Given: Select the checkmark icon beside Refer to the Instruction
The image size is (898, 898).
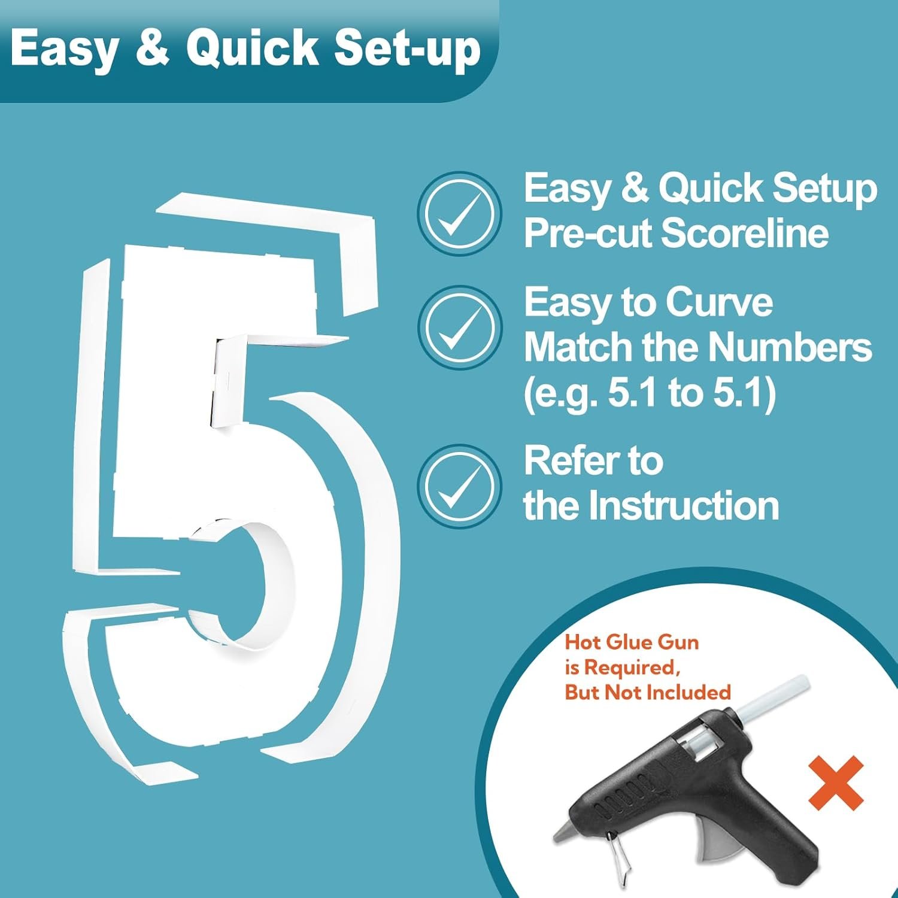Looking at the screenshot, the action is pyautogui.click(x=459, y=486).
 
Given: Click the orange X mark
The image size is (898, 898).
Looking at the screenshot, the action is pyautogui.click(x=836, y=782).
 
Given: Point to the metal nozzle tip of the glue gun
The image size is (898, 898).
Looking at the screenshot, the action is pyautogui.click(x=564, y=833).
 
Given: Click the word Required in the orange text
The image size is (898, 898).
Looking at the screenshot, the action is pyautogui.click(x=632, y=668).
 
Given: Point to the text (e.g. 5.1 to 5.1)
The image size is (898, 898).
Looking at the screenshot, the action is pyautogui.click(x=650, y=393).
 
